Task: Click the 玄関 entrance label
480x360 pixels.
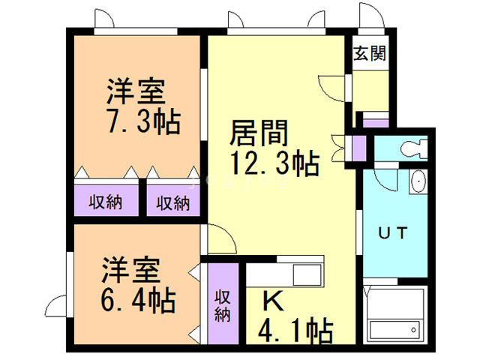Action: click(x=370, y=54)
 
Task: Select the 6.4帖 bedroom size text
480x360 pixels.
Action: click(x=139, y=300)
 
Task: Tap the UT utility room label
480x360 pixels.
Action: click(x=392, y=232)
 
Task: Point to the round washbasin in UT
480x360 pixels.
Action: click(x=418, y=181)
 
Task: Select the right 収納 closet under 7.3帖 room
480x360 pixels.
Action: click(x=173, y=202)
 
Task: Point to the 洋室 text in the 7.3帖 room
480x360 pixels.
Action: click(x=135, y=94)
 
